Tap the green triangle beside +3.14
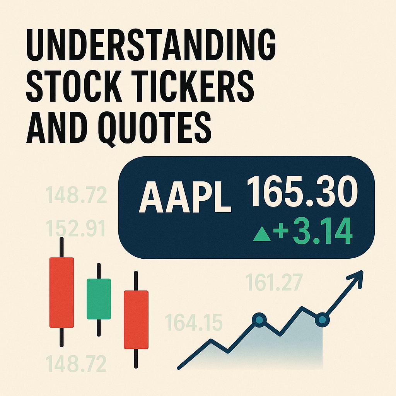click(261, 236)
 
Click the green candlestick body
click(99, 299)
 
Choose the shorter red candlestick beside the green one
click(136, 320)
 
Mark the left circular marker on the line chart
click(259, 319)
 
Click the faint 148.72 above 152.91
click(76, 196)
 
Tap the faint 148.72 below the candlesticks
click(76, 363)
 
